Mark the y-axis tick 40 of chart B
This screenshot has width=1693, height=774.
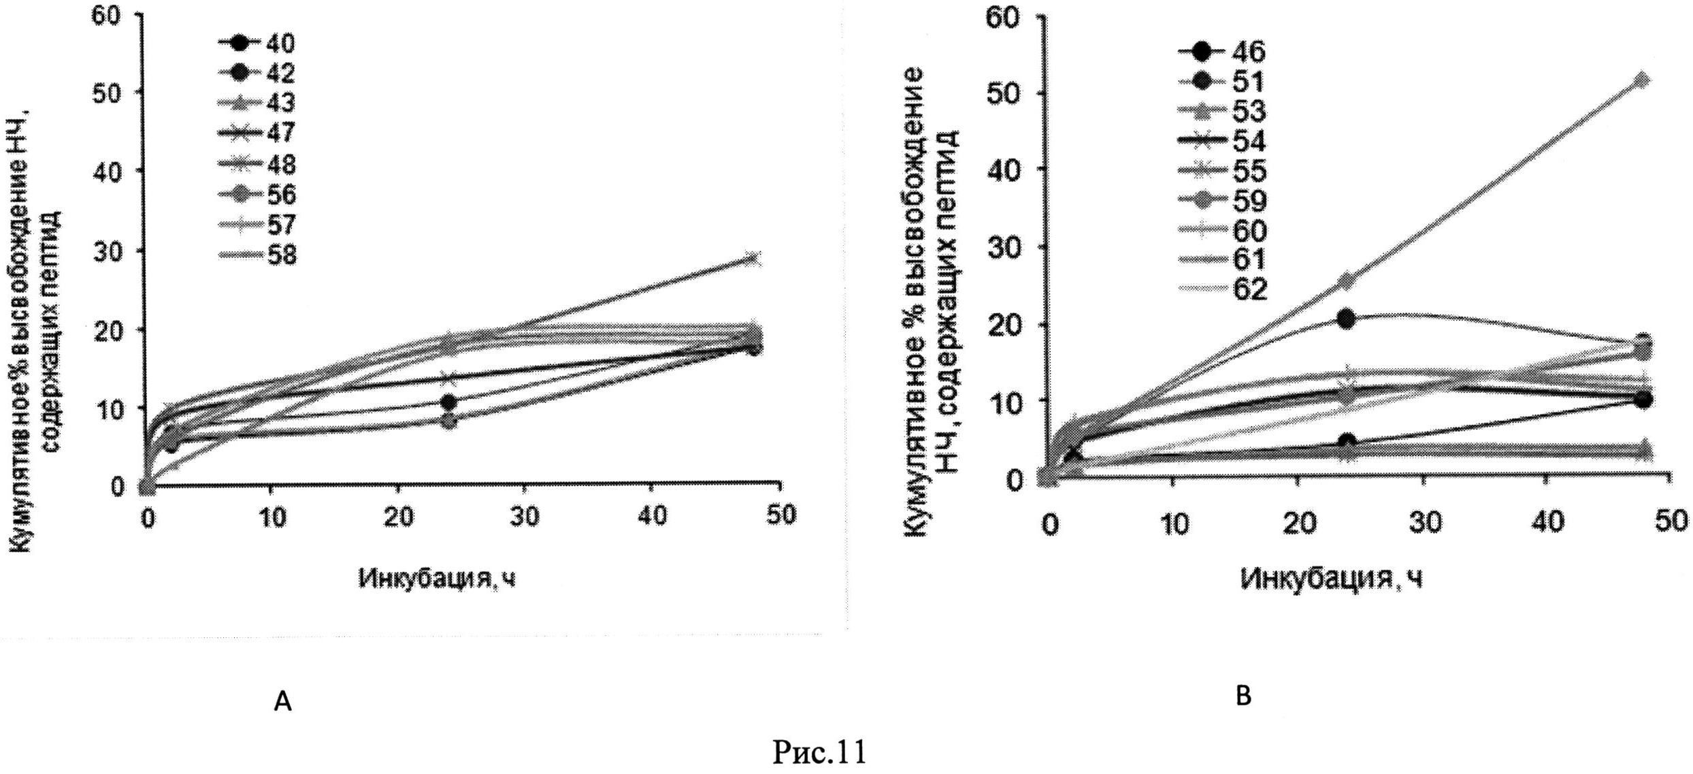[x=1004, y=170]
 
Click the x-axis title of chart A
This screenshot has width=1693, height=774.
[x=437, y=578]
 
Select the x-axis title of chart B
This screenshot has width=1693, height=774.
[x=1332, y=579]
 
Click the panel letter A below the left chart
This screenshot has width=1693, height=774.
[x=282, y=700]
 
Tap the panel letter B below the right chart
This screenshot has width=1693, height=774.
[x=1243, y=696]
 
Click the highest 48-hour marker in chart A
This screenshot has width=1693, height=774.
[x=752, y=259]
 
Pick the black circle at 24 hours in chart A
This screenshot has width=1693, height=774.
[x=448, y=402]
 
